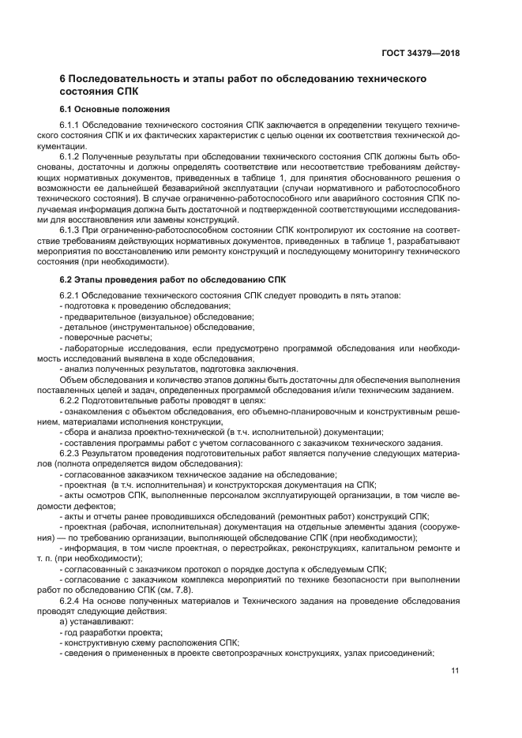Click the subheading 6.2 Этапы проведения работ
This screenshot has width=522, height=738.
pos(175,279)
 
